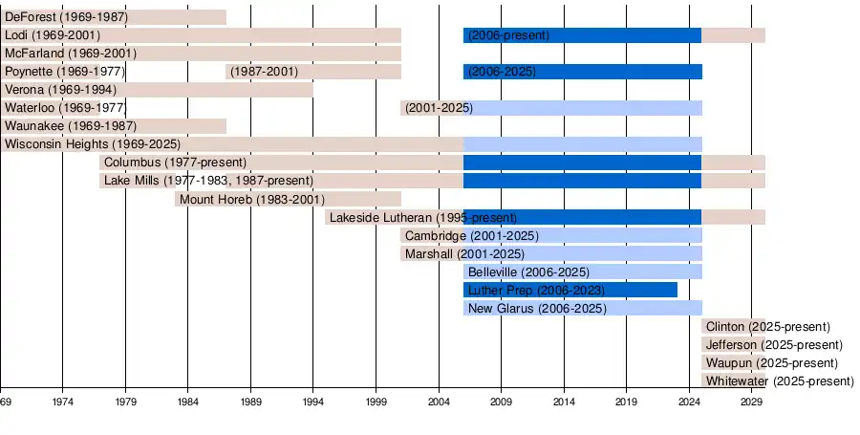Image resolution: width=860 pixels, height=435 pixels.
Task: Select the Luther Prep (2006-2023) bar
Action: [570, 290]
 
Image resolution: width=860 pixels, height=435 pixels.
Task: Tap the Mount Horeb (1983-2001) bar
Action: [288, 199]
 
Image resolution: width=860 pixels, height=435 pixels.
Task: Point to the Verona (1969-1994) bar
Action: [156, 90]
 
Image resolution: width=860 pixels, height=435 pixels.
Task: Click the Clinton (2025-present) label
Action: [767, 327]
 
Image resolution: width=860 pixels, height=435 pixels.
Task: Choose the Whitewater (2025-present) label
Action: [779, 381]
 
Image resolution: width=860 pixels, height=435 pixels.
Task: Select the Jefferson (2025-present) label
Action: [774, 345]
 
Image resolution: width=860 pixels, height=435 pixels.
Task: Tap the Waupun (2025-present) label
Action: [771, 363]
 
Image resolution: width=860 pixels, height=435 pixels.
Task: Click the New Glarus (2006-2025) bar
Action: [583, 308]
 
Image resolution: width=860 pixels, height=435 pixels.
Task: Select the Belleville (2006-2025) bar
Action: [583, 272]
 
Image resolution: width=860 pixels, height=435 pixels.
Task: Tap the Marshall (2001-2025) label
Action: [464, 253]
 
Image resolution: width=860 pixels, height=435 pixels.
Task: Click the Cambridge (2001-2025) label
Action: [471, 235]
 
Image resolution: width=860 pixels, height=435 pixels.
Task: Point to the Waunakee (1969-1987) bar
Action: [113, 126]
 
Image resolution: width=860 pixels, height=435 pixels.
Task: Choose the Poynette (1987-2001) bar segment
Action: [313, 72]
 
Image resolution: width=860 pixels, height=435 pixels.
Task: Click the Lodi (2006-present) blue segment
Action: [582, 35]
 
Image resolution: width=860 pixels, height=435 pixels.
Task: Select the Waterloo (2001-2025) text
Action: [439, 108]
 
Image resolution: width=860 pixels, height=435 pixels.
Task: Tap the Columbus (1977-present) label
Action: [175, 163]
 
